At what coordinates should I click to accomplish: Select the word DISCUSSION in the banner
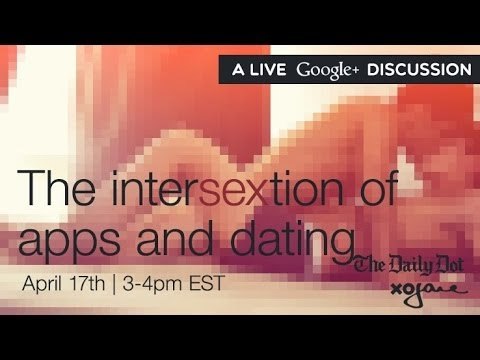click(419, 70)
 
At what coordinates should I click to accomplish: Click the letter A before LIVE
click(237, 70)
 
